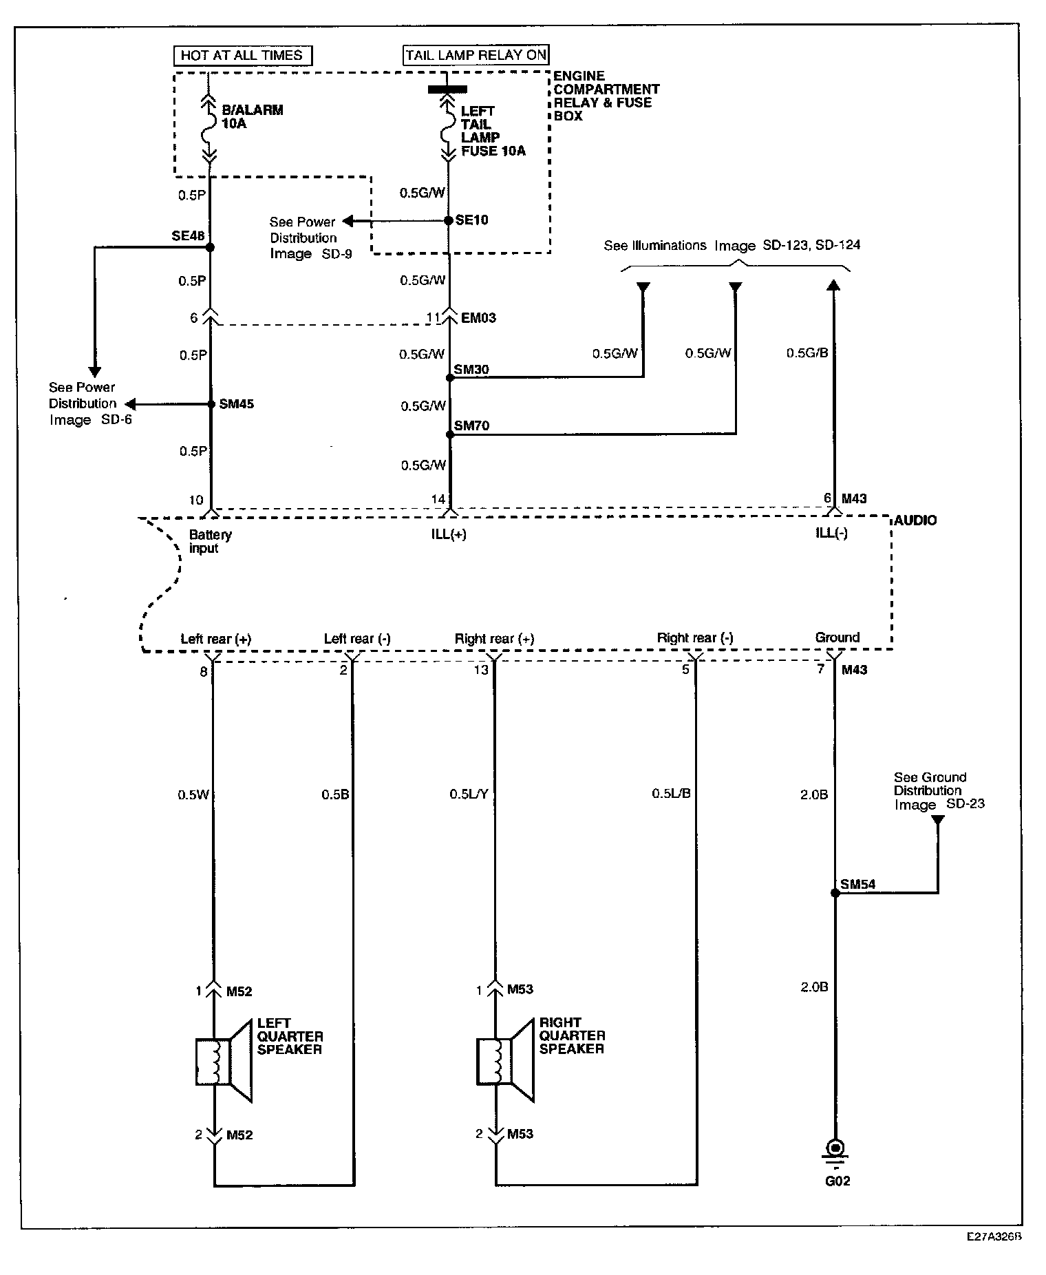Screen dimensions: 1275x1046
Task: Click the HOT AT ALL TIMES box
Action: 242,56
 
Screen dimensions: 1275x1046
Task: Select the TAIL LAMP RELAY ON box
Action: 476,55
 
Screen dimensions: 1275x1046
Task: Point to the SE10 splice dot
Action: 449,221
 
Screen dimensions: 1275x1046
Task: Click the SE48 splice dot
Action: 211,247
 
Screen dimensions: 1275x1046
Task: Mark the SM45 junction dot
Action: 212,404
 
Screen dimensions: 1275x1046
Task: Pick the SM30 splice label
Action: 471,370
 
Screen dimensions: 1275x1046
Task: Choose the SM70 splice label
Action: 471,426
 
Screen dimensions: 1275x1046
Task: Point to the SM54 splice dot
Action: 835,893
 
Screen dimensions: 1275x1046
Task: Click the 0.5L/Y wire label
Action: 469,794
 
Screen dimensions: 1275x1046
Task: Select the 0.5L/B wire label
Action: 671,794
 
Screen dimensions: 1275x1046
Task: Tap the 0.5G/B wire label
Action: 807,353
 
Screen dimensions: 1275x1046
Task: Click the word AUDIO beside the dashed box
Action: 915,520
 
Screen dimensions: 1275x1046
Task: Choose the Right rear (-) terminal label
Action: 695,638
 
